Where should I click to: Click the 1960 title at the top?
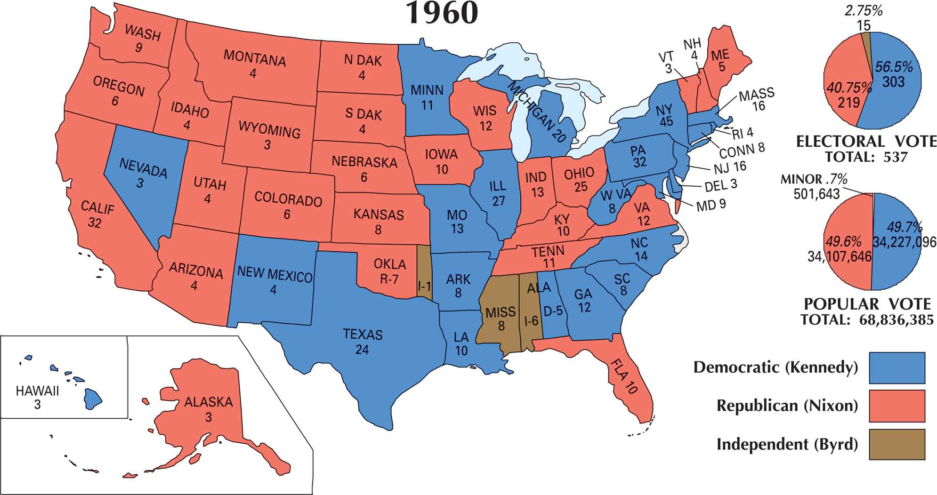click(x=442, y=13)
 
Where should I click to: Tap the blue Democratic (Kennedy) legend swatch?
click(x=897, y=367)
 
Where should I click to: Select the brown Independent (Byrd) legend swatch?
click(x=897, y=444)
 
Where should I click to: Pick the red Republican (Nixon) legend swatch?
click(x=897, y=406)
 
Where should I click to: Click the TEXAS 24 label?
click(x=362, y=342)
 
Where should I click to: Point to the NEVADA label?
click(x=143, y=168)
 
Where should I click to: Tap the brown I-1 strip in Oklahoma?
click(x=424, y=285)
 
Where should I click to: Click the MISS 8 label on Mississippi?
click(x=501, y=319)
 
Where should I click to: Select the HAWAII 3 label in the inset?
click(x=37, y=397)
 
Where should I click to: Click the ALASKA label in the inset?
click(x=208, y=402)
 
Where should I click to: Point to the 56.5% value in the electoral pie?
click(x=893, y=67)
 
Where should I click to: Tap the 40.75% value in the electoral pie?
click(x=848, y=88)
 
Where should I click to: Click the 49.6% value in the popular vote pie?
click(x=843, y=242)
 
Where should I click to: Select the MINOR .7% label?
click(x=814, y=179)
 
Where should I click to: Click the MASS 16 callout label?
click(x=757, y=99)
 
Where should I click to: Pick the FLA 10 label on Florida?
click(x=624, y=376)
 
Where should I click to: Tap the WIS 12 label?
click(x=485, y=118)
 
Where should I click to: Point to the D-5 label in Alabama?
click(x=553, y=311)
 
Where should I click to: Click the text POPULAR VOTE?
click(x=867, y=304)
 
